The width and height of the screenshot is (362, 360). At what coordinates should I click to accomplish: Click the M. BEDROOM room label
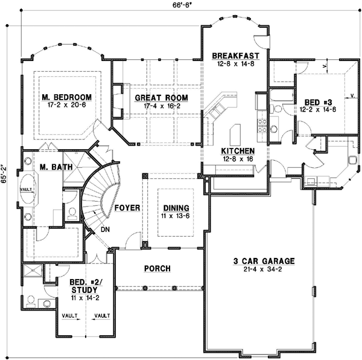pyautogui.click(x=66, y=97)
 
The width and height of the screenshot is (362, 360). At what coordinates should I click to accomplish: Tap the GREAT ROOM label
pyautogui.click(x=161, y=98)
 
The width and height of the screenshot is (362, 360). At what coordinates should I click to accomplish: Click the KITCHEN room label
pyautogui.click(x=236, y=150)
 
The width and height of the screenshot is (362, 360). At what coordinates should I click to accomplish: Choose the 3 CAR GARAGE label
pyautogui.click(x=264, y=261)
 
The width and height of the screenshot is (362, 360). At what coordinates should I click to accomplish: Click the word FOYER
pyautogui.click(x=128, y=208)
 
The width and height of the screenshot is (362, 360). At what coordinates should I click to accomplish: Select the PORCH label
pyautogui.click(x=157, y=268)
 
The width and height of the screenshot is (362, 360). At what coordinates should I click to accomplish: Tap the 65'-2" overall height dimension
pyautogui.click(x=5, y=175)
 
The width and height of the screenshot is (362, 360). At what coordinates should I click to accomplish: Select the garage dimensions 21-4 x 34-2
pyautogui.click(x=264, y=269)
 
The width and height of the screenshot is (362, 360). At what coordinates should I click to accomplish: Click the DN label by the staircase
pyautogui.click(x=104, y=230)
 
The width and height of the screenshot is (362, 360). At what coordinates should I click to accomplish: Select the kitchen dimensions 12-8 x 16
pyautogui.click(x=236, y=159)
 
